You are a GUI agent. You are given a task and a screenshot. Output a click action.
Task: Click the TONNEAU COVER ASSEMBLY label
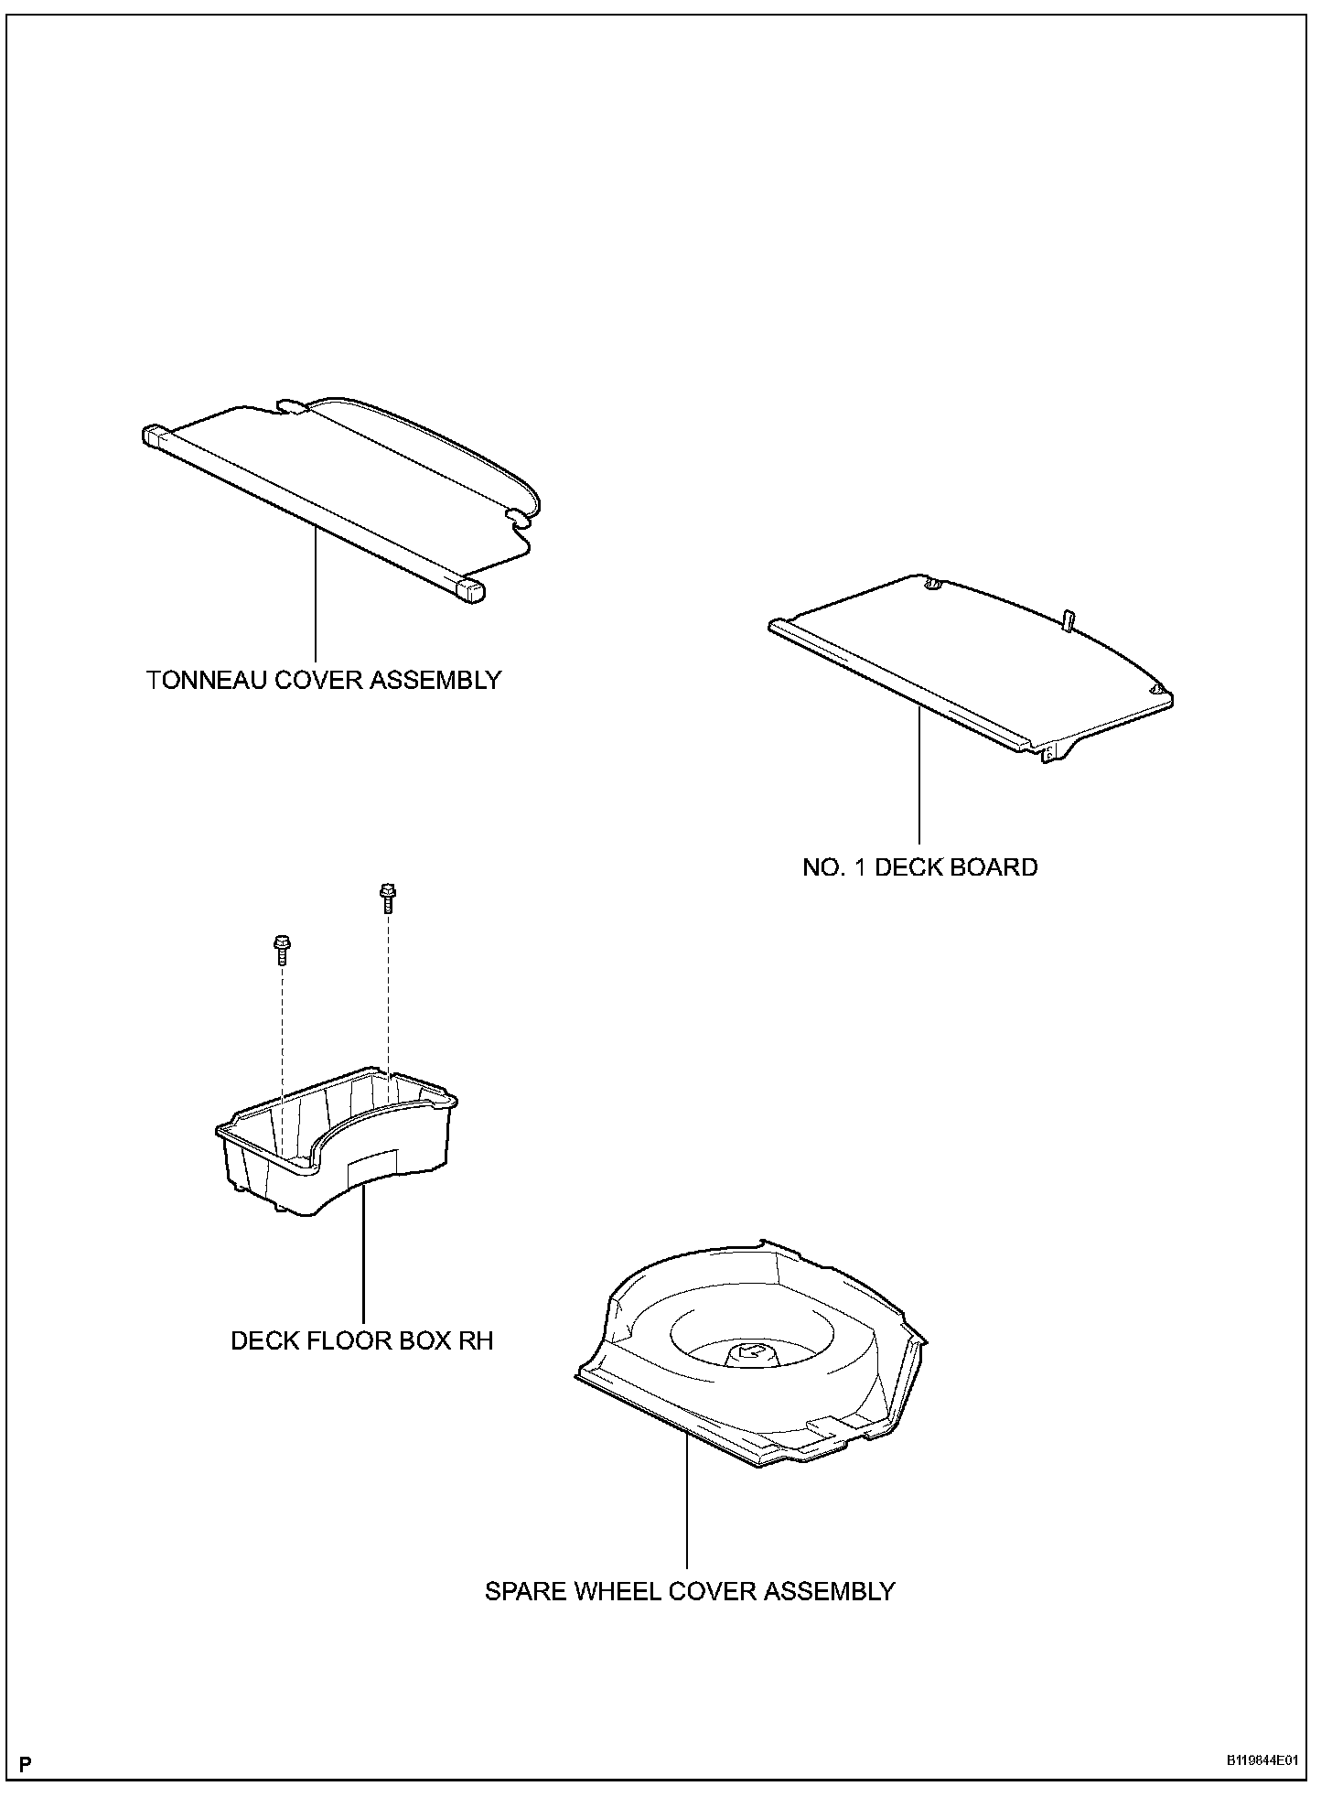324,681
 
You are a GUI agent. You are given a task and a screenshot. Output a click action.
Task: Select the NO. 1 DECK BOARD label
919,867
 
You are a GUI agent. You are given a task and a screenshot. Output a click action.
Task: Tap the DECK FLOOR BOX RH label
361,1340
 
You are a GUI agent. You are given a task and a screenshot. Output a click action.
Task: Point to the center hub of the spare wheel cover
748,1354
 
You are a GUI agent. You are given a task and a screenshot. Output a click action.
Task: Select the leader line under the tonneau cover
316,595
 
